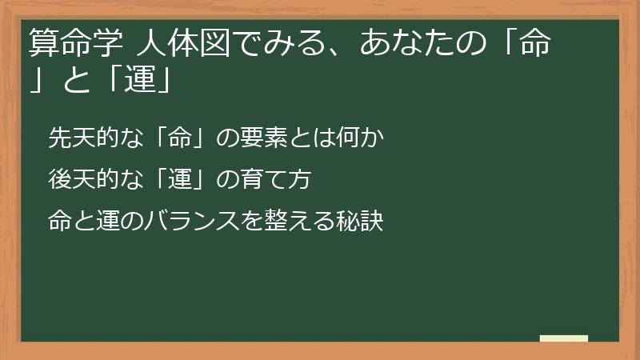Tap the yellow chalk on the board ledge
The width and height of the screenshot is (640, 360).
(x=564, y=338)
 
